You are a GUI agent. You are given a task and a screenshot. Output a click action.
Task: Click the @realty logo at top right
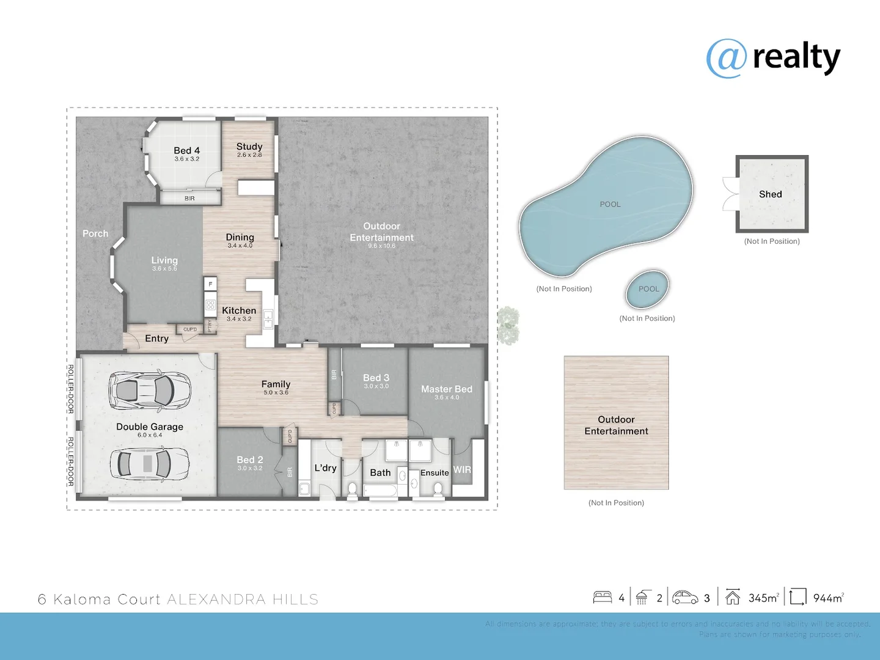[x=773, y=58]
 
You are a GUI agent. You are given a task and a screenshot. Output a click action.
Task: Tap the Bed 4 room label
[x=186, y=150]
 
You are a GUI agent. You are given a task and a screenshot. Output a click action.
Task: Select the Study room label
[x=249, y=147]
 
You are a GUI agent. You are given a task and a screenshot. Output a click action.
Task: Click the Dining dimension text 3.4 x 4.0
[x=240, y=246]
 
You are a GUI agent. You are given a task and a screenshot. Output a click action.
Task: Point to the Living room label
[x=164, y=260]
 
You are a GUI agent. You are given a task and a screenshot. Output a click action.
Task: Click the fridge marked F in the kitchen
[x=210, y=284]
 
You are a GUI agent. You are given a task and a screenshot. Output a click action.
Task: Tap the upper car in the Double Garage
[x=150, y=389]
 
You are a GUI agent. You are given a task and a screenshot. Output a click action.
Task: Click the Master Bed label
[x=446, y=389]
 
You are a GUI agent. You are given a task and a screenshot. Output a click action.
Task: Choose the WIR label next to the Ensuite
[x=462, y=470]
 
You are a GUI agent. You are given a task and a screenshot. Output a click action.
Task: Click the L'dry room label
[x=325, y=468]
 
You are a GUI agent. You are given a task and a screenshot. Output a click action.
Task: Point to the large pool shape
[x=608, y=205]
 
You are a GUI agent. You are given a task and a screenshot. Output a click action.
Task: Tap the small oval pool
[x=648, y=289]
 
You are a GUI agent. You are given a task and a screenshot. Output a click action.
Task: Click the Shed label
[x=770, y=194]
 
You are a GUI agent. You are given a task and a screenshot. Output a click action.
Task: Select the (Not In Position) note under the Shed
[x=772, y=241]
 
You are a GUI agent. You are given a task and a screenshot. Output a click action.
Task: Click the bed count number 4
[x=621, y=598]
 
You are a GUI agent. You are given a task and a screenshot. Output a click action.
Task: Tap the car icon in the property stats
[x=685, y=597]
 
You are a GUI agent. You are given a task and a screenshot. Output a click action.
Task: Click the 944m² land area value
[x=828, y=598]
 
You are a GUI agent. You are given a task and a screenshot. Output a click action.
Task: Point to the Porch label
[x=95, y=233]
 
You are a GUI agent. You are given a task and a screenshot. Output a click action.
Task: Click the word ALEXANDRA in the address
[x=216, y=599]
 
